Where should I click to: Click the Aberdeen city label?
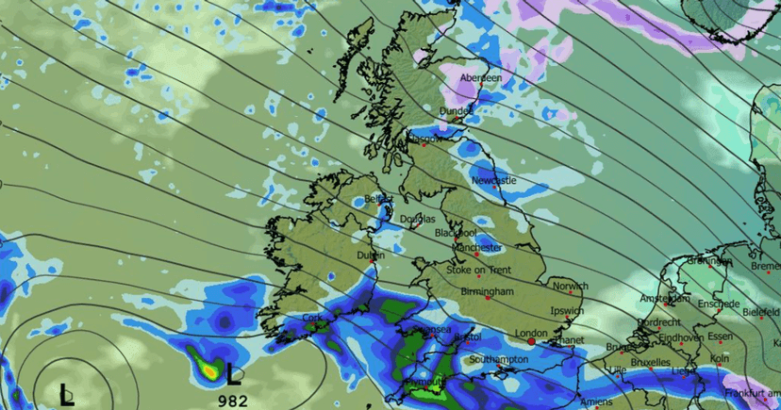click(481, 78)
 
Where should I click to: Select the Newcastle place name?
click(494, 180)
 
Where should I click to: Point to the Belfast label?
click(378, 200)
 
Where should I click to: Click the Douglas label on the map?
click(418, 219)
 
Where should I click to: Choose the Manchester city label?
click(477, 248)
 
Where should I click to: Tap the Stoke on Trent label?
click(479, 270)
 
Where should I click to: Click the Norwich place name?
click(571, 287)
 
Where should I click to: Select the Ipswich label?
click(566, 311)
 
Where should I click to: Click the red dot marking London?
click(532, 343)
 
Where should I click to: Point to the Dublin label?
click(371, 255)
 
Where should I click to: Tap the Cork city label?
click(313, 319)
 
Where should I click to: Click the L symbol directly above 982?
click(233, 375)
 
